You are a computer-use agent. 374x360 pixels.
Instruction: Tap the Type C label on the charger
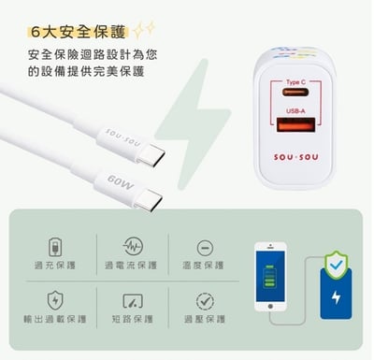[295, 81]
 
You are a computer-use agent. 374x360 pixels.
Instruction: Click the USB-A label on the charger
[295, 111]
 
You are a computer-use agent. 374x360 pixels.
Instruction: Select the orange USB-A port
[295, 125]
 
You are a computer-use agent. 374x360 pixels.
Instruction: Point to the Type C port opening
[295, 93]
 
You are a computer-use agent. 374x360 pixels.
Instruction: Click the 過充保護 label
[55, 265]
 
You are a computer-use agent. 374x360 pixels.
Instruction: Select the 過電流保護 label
[130, 265]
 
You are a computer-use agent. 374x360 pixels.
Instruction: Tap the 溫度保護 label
[204, 265]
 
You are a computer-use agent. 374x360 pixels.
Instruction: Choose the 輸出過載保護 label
[55, 318]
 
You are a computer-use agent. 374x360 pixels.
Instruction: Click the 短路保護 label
[130, 318]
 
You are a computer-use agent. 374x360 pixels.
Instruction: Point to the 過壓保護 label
[204, 318]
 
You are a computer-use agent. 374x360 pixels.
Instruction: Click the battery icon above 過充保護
[55, 246]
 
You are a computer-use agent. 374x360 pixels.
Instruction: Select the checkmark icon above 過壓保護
[205, 300]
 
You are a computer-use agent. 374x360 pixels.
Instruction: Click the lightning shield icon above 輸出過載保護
[55, 300]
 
